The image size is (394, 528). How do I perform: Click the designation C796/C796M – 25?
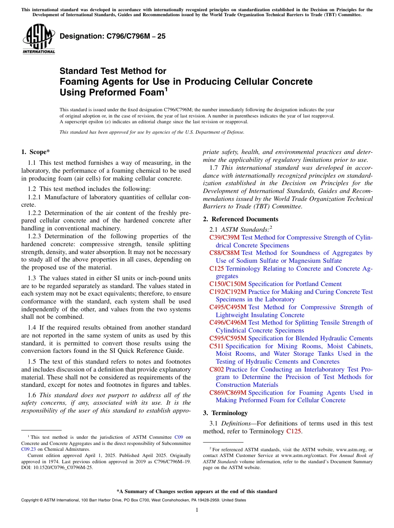[x=113, y=36]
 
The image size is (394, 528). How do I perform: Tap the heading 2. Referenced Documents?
[x=241, y=219]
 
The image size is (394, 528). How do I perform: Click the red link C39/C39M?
[x=224, y=237]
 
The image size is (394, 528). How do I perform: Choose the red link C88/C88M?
[x=224, y=253]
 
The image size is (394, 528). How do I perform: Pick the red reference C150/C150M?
[x=228, y=284]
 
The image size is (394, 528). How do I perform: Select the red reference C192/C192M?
[x=228, y=292]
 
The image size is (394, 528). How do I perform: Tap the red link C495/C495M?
[x=228, y=307]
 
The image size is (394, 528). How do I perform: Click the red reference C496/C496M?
[x=228, y=323]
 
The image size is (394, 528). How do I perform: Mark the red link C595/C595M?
[x=228, y=338]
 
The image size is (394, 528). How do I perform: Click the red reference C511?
[x=216, y=346]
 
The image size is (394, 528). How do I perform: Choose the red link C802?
[x=216, y=369]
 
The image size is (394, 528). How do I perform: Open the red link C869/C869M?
[x=228, y=393]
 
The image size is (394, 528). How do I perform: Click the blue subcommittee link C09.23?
[x=28, y=449]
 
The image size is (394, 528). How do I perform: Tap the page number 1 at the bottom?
[x=197, y=510]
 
